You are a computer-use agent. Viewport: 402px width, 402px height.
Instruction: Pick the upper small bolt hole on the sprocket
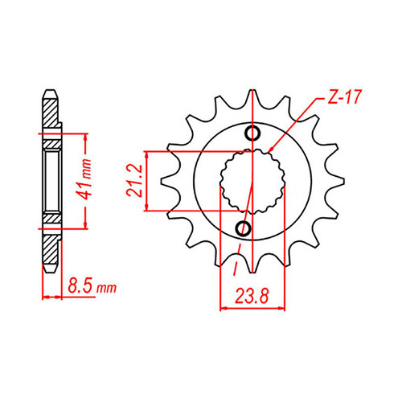252,133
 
